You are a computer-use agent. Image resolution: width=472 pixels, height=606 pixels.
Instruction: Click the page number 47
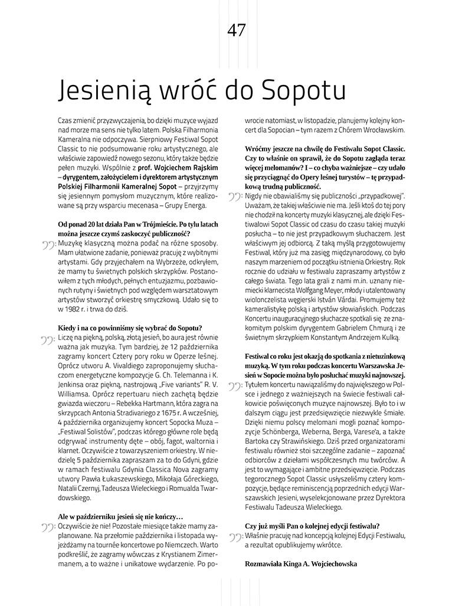pos(236,31)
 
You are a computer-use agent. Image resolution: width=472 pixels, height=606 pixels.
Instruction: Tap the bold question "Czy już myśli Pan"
pos(312,525)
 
